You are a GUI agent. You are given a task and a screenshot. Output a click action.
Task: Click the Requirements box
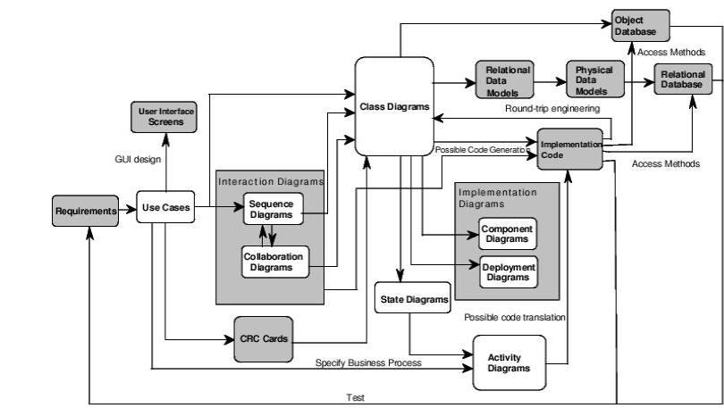(x=86, y=211)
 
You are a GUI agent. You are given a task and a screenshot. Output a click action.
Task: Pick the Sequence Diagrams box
(x=274, y=209)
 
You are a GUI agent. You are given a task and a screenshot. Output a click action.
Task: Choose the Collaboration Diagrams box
(x=274, y=262)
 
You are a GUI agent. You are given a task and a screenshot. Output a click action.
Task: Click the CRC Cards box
(x=263, y=339)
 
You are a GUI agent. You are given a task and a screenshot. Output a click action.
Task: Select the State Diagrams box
(x=411, y=299)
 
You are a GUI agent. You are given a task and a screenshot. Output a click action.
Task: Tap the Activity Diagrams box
(x=509, y=362)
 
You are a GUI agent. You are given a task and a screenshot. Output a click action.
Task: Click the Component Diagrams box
(x=508, y=234)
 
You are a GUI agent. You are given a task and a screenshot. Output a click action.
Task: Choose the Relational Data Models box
(x=508, y=80)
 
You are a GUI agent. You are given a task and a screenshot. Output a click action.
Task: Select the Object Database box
(x=639, y=25)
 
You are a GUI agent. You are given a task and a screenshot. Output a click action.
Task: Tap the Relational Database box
(x=684, y=80)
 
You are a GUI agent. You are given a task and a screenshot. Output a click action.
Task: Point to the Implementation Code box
(x=571, y=148)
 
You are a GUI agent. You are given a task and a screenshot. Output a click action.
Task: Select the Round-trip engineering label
(x=551, y=109)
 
